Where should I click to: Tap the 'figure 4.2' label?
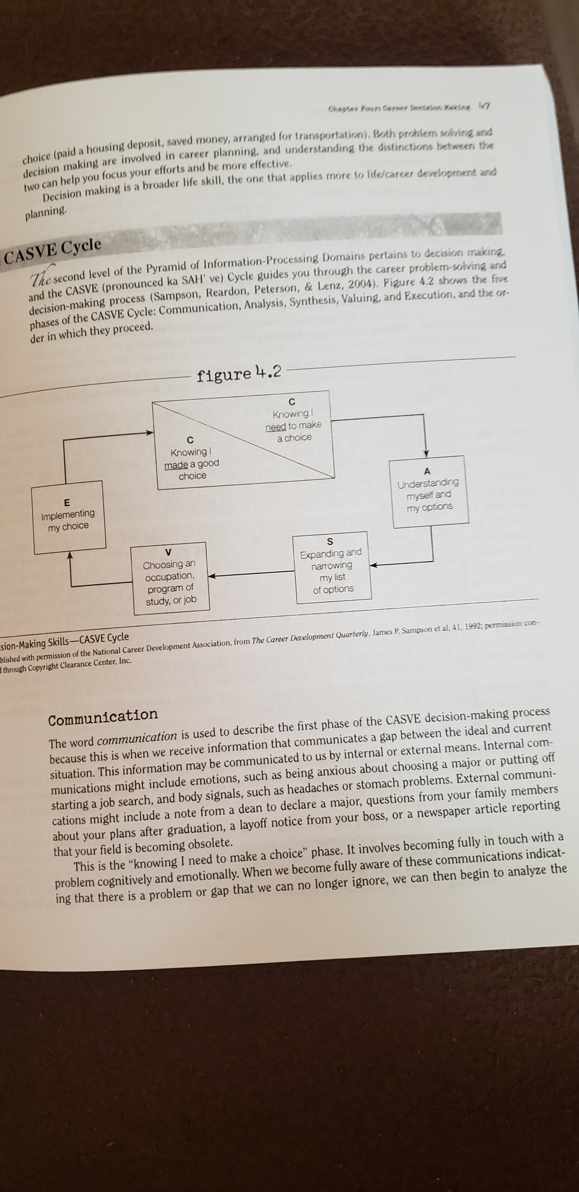click(239, 374)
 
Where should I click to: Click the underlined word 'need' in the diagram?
click(276, 426)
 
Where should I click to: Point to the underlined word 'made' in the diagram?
click(175, 465)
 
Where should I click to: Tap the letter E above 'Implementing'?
click(66, 502)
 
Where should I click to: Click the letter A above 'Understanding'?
click(427, 471)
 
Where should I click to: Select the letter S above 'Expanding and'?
click(330, 542)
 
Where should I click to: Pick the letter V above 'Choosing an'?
click(168, 552)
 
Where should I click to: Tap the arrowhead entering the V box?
click(210, 575)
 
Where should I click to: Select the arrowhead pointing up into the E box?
click(70, 555)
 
